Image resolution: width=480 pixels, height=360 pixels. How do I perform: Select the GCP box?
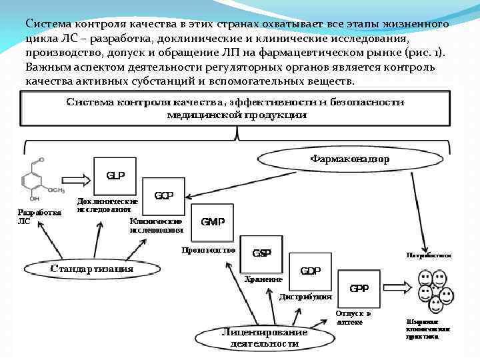[x=164, y=196]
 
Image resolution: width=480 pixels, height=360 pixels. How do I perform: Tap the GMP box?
[x=213, y=221]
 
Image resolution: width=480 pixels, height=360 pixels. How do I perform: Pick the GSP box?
[x=261, y=253]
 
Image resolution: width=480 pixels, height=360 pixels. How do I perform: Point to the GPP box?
[x=359, y=289]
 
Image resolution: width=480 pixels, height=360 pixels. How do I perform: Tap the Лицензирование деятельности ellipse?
[x=265, y=338]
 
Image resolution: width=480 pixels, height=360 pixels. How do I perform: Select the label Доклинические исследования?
[x=108, y=204]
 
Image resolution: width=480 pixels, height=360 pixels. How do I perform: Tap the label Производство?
[x=209, y=251]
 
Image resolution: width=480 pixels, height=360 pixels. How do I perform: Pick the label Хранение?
[x=263, y=279]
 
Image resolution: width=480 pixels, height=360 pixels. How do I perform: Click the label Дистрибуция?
[x=306, y=296]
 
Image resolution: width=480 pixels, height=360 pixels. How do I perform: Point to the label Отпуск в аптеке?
[x=353, y=317]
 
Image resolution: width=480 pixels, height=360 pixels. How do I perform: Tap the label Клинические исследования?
[x=157, y=225]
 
